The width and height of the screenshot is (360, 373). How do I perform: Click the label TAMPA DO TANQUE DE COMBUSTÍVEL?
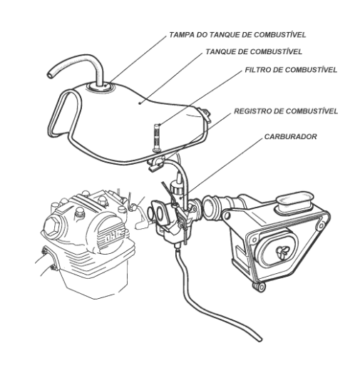click(237, 35)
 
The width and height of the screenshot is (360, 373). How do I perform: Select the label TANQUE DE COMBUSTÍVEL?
click(254, 51)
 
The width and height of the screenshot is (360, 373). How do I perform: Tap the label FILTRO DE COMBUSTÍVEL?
click(291, 70)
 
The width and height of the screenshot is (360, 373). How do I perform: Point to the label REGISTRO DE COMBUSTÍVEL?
click(286, 111)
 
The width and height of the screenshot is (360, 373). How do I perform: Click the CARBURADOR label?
click(290, 136)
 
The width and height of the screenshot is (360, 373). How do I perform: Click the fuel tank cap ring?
click(99, 87)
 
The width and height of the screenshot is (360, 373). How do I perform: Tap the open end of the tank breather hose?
click(50, 75)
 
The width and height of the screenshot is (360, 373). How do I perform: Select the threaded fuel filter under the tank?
click(157, 138)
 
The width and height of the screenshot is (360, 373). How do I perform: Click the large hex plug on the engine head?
click(53, 226)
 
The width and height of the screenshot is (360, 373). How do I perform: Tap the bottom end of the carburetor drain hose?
click(259, 339)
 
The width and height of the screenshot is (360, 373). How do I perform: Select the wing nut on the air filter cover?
click(282, 252)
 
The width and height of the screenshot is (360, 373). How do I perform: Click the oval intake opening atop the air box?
click(294, 201)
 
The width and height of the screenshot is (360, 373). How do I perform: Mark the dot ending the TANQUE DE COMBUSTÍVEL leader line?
click(140, 103)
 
